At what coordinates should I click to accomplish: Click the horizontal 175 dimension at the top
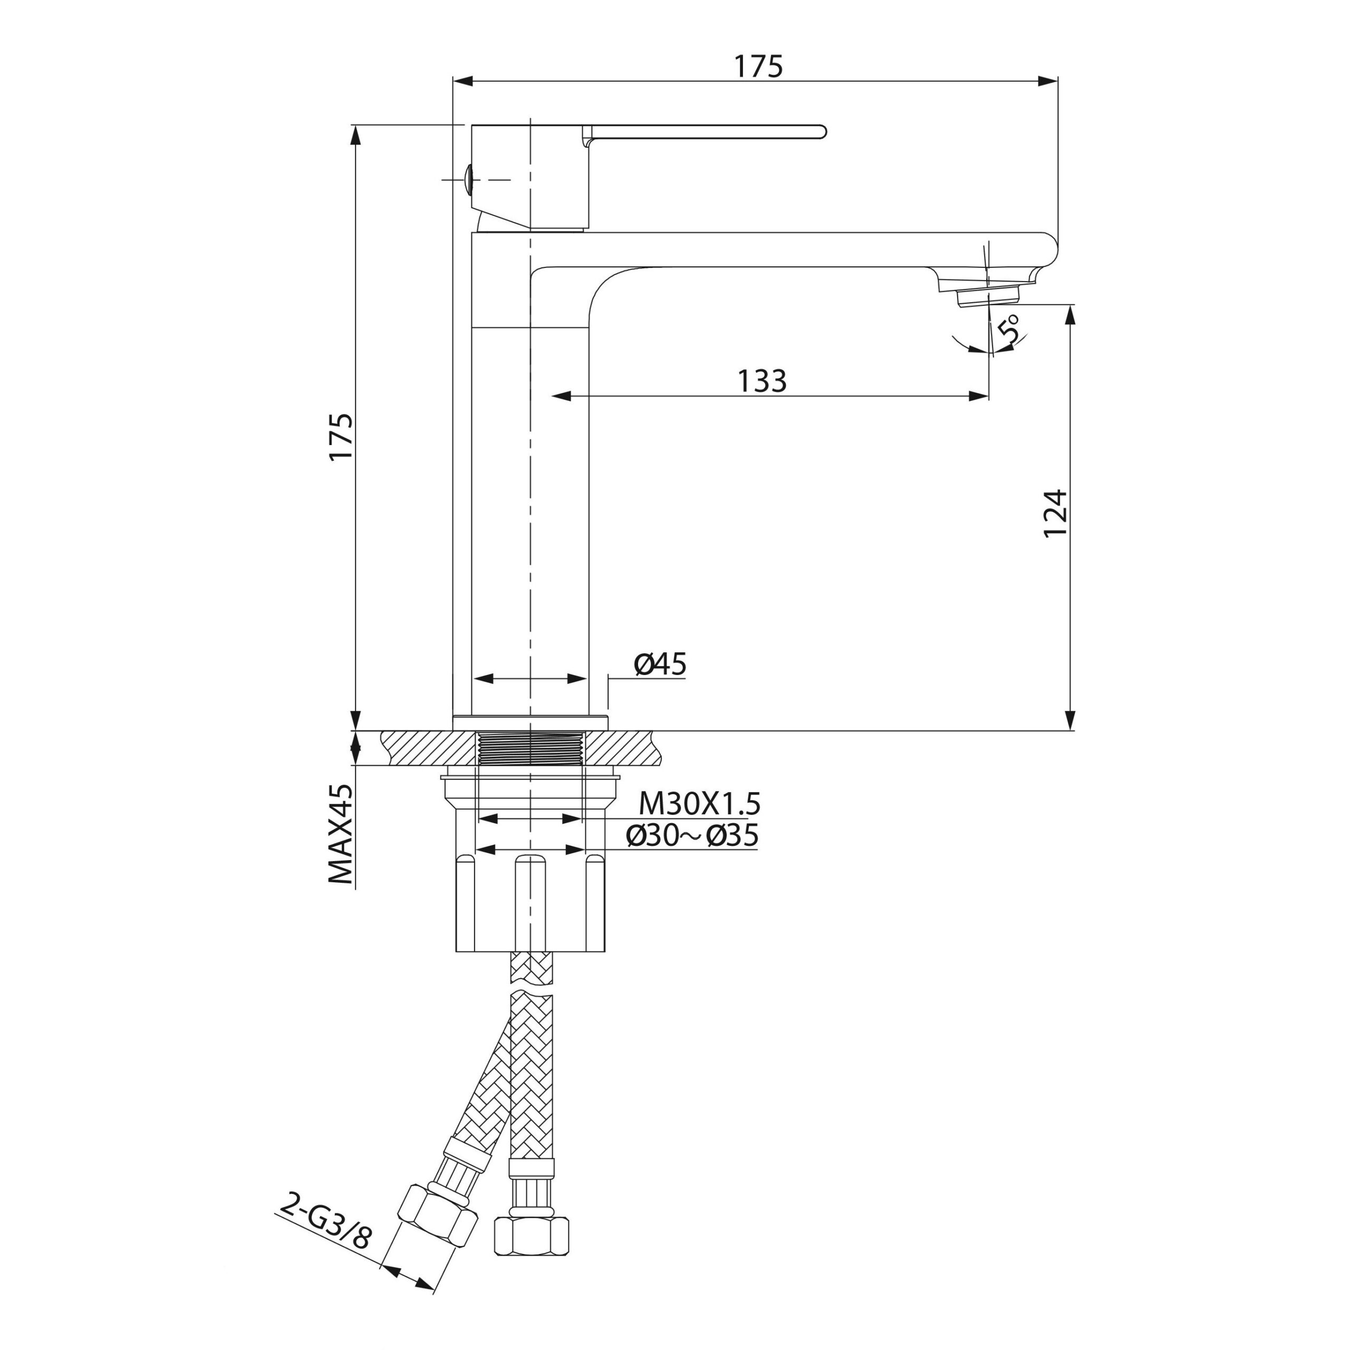point(758,66)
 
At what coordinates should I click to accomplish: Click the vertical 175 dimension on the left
point(342,437)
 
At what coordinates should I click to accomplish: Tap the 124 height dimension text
point(1055,513)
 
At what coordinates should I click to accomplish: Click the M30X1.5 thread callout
point(699,804)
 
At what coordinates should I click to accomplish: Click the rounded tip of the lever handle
point(822,131)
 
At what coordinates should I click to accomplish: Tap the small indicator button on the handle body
point(469,179)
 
